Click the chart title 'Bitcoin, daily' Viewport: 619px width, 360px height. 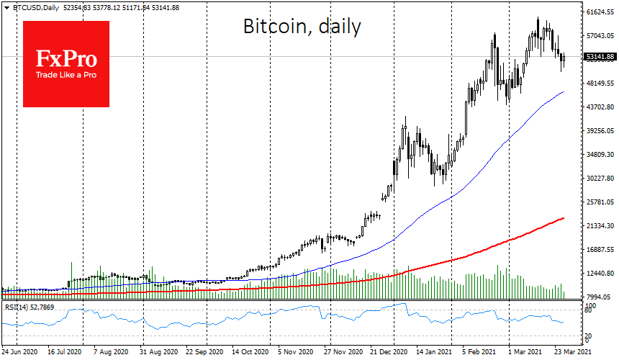(301, 27)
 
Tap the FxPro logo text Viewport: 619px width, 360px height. (66, 58)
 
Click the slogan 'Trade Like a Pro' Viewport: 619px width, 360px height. (66, 75)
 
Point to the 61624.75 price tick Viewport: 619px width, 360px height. (600, 12)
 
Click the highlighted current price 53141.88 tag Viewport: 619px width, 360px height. (600, 56)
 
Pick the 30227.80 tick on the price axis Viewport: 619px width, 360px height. (600, 179)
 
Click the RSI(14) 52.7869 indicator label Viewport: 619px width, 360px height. (32, 308)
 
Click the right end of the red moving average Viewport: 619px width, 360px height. (563, 217)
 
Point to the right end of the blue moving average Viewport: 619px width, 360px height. (563, 92)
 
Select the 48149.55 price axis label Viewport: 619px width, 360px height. (600, 84)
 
